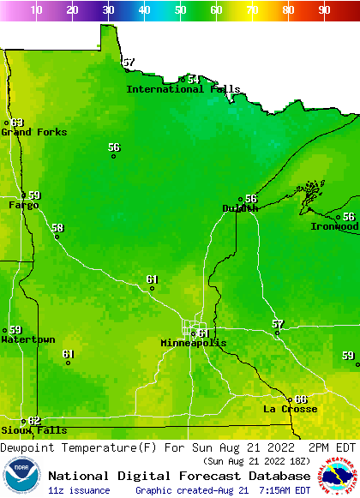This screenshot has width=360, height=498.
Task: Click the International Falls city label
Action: click(x=177, y=89)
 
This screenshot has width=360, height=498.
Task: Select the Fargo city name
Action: click(x=23, y=206)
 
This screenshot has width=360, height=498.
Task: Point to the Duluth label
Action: click(x=239, y=208)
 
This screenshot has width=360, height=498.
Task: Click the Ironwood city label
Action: click(x=334, y=226)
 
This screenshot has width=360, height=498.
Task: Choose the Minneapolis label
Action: click(x=194, y=343)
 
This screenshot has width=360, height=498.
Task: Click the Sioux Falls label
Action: click(x=33, y=430)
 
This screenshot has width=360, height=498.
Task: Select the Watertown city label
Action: click(x=27, y=339)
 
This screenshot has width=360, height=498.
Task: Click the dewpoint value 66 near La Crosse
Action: click(x=300, y=399)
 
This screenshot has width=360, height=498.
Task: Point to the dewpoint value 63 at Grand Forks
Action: click(x=17, y=123)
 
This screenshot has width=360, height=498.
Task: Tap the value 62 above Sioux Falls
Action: click(x=34, y=420)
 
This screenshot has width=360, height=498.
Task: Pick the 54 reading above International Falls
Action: click(x=194, y=79)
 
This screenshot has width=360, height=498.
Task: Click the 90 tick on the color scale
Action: click(x=324, y=10)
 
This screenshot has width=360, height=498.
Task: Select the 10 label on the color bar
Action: click(x=36, y=10)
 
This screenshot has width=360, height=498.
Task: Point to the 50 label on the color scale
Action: click(x=180, y=10)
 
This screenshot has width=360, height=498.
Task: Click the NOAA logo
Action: click(x=21, y=476)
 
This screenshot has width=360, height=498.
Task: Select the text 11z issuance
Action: click(x=79, y=490)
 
